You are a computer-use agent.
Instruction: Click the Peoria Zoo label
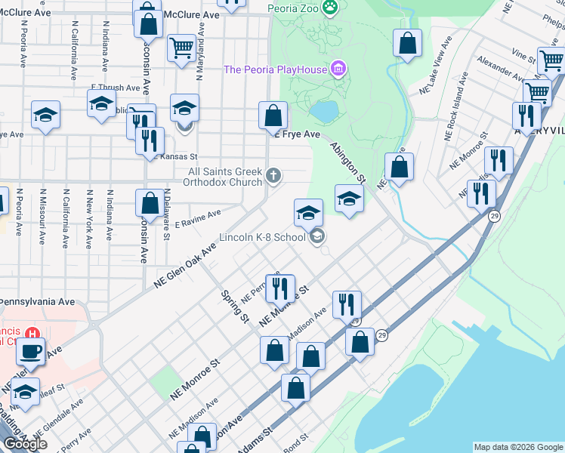click(x=294, y=8)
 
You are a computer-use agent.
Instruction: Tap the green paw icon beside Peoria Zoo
click(x=329, y=8)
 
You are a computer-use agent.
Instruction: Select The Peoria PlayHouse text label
click(x=275, y=69)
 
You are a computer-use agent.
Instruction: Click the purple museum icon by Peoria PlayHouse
click(x=338, y=69)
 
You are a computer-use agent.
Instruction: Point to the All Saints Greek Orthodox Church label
click(x=225, y=177)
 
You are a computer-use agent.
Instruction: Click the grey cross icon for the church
click(x=273, y=177)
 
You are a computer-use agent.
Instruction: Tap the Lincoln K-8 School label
click(x=262, y=237)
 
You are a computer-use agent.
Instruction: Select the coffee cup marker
click(x=31, y=352)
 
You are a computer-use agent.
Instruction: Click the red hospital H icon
click(x=32, y=334)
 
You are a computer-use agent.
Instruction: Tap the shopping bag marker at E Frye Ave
click(x=273, y=116)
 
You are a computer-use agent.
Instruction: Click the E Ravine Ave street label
click(x=197, y=220)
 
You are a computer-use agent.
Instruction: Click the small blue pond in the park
click(x=325, y=112)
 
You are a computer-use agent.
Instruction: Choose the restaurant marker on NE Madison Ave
click(x=347, y=304)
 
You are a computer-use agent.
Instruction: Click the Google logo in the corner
click(x=25, y=444)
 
